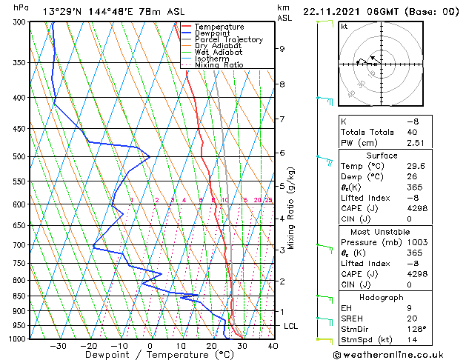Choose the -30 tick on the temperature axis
[x=58, y=345]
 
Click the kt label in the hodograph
[x=344, y=26]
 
